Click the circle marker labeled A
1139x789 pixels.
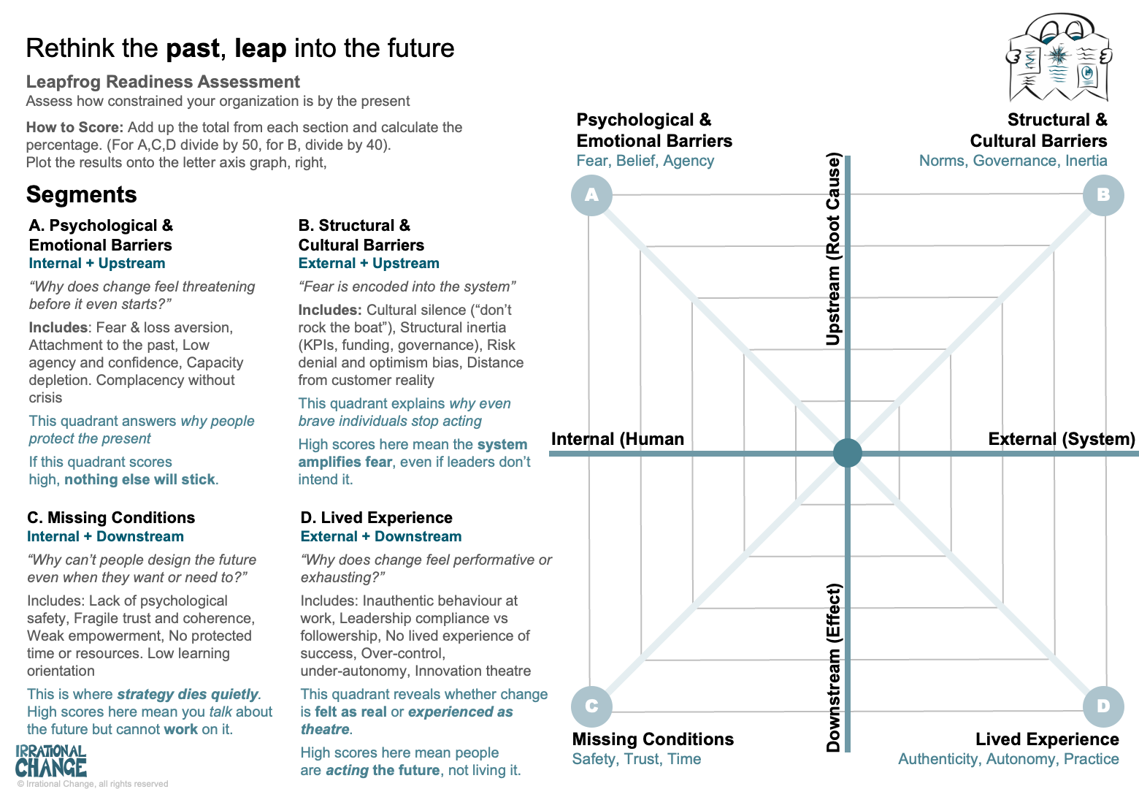click(591, 195)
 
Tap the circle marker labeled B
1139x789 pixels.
click(1102, 195)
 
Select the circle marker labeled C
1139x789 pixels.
click(591, 706)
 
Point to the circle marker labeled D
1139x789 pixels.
click(1102, 706)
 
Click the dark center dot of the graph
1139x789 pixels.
click(848, 453)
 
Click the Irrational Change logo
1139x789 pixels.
click(51, 761)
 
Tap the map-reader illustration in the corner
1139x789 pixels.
click(1058, 58)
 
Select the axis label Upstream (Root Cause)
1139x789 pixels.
click(834, 248)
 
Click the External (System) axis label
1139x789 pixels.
click(1062, 439)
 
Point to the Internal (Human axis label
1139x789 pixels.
click(618, 439)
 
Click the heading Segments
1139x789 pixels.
click(82, 195)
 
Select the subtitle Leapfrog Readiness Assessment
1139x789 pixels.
click(163, 82)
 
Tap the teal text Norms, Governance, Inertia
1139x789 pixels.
click(1013, 161)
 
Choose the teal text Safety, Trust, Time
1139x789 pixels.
click(637, 759)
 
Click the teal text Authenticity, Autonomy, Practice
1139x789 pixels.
click(1008, 759)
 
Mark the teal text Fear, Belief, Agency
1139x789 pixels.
click(645, 161)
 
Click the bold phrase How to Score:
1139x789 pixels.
click(74, 127)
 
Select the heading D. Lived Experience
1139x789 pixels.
click(377, 518)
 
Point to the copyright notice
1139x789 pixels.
click(93, 784)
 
